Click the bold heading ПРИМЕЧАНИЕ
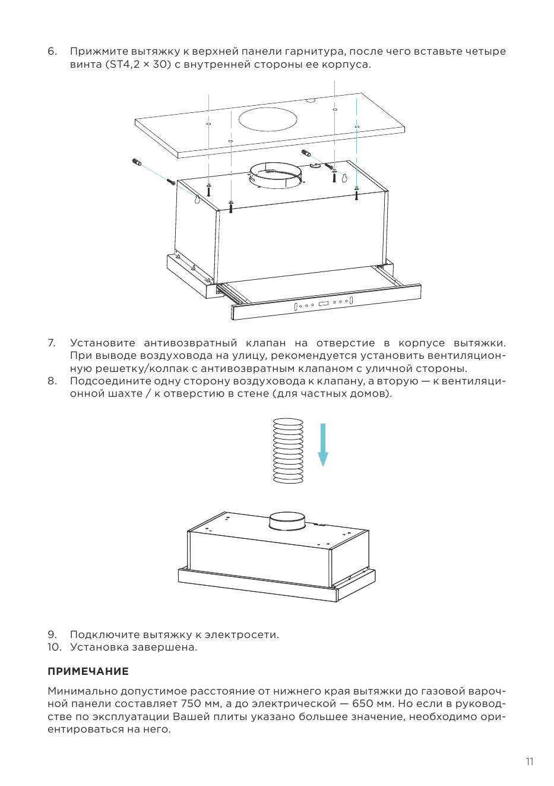[88, 671]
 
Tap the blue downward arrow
[323, 445]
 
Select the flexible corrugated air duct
[288, 451]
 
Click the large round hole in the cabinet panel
[268, 119]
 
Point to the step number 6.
[52, 51]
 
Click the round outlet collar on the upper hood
[276, 175]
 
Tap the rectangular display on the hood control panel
[325, 303]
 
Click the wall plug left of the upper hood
[137, 162]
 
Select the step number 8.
[52, 381]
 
